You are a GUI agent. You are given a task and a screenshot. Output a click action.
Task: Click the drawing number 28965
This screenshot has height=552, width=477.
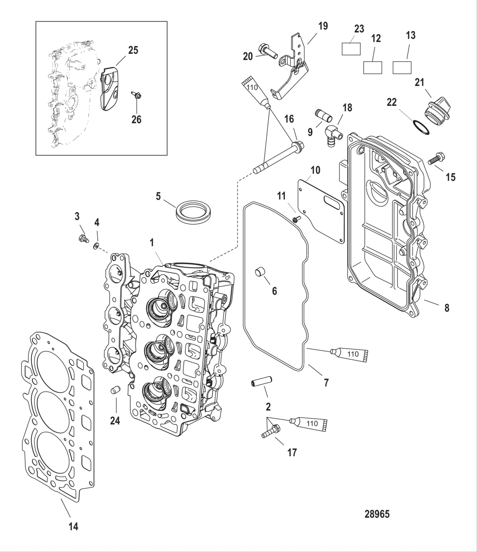click(377, 514)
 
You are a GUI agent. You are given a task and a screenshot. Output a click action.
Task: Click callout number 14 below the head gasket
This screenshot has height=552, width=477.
click(73, 526)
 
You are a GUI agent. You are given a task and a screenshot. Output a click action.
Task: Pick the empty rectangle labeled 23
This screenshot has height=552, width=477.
click(352, 49)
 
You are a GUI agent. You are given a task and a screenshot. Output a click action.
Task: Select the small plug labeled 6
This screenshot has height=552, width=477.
click(259, 273)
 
